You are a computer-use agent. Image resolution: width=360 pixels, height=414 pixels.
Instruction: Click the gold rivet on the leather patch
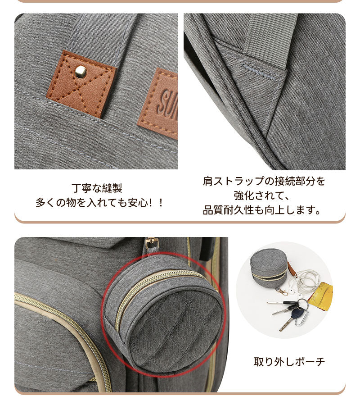(x=81, y=72)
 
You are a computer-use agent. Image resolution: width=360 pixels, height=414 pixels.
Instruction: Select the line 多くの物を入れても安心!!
(x=100, y=203)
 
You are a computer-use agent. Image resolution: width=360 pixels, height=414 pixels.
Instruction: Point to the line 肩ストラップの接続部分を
(x=264, y=182)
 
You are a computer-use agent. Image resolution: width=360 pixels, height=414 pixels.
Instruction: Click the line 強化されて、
(x=264, y=196)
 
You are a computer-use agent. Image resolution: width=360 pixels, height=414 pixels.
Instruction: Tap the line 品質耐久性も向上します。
(x=264, y=210)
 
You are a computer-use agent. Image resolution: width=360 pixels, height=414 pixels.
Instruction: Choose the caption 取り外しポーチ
(x=289, y=361)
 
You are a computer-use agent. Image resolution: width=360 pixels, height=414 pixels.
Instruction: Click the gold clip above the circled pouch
(x=152, y=244)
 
